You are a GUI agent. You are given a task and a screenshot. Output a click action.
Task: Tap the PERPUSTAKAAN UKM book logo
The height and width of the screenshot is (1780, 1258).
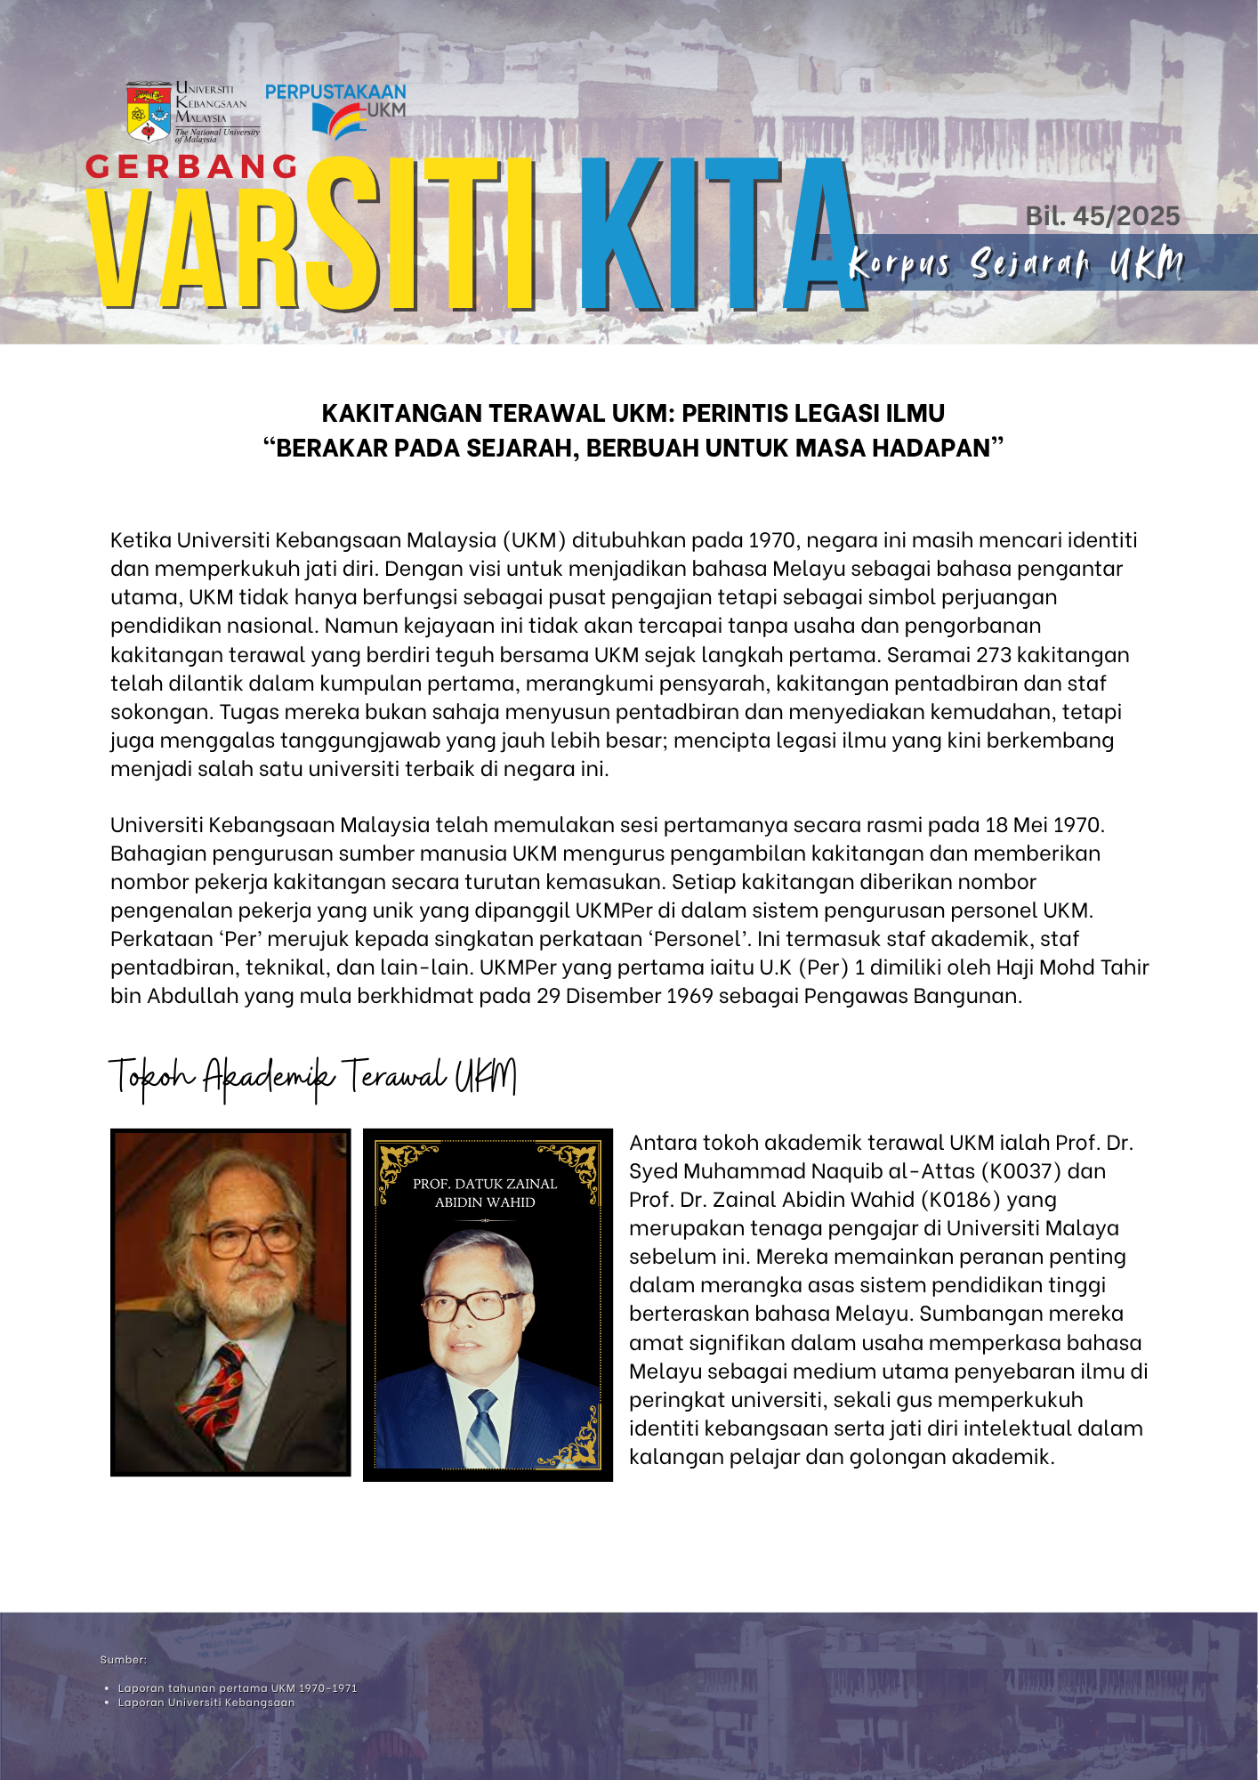[338, 119]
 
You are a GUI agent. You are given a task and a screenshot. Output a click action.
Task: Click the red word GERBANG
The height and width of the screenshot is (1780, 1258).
[192, 166]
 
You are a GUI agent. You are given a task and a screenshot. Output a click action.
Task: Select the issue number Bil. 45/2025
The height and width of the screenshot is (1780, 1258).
[1102, 216]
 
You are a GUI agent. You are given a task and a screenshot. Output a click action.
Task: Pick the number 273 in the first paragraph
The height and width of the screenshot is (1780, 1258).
[993, 654]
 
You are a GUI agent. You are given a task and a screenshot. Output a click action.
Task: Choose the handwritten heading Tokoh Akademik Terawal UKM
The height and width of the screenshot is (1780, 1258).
[312, 1077]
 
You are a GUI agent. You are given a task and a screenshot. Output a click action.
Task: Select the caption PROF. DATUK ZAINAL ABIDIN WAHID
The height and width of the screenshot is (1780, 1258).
[485, 1193]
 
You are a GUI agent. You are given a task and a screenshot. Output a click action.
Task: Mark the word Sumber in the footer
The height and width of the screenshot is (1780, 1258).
[123, 1659]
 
